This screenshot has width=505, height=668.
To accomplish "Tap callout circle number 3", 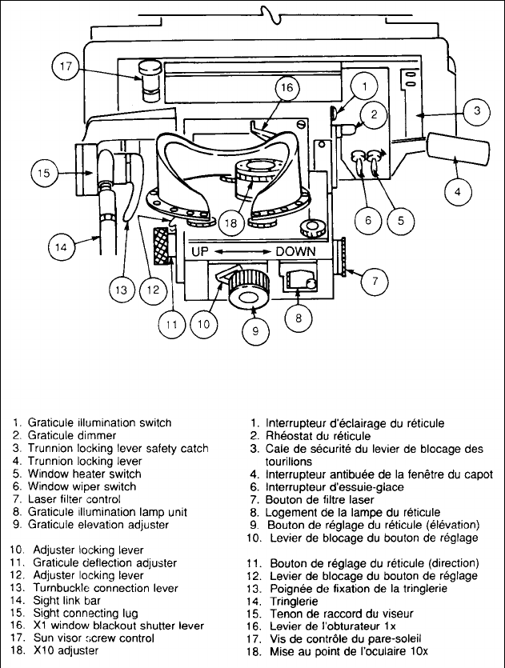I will pyautogui.click(x=476, y=112).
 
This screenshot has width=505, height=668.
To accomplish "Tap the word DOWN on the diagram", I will pyautogui.click(x=298, y=251).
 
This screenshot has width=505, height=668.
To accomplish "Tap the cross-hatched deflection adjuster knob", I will pyautogui.click(x=162, y=242).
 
